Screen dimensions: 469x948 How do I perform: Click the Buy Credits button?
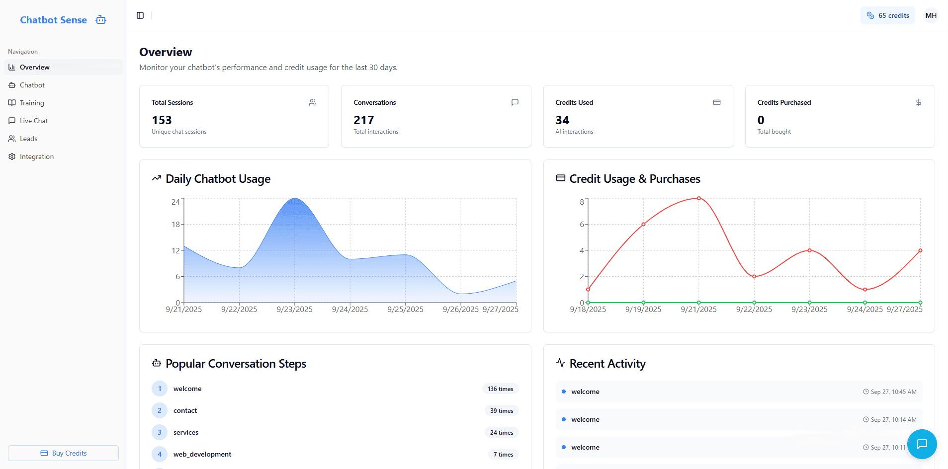tap(63, 453)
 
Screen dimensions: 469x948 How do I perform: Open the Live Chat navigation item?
tap(34, 121)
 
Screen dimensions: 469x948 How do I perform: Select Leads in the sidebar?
tap(28, 139)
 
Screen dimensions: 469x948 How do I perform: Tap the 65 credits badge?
tap(887, 15)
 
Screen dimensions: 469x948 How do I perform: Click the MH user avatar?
tap(931, 15)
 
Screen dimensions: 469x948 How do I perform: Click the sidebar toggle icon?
tap(140, 15)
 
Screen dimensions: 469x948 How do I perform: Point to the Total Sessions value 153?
tap(162, 120)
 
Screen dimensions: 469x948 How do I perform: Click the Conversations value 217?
tap(363, 120)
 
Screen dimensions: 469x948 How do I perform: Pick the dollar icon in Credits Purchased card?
tap(918, 102)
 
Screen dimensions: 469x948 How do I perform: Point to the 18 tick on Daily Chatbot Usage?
tap(175, 225)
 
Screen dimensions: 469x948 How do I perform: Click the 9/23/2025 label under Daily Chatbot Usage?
tap(294, 310)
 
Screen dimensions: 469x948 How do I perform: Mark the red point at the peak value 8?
tap(698, 198)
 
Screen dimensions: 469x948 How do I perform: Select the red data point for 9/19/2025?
tap(643, 224)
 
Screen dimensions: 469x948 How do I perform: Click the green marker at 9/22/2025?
tap(754, 303)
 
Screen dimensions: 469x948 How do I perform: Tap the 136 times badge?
tap(500, 389)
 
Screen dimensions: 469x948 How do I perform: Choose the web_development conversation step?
tap(202, 454)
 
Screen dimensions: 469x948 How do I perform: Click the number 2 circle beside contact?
tap(160, 410)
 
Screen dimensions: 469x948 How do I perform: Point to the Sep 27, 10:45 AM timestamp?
tap(893, 392)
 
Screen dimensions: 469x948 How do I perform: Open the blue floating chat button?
tap(922, 444)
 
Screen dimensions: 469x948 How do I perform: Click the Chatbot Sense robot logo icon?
tap(101, 20)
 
